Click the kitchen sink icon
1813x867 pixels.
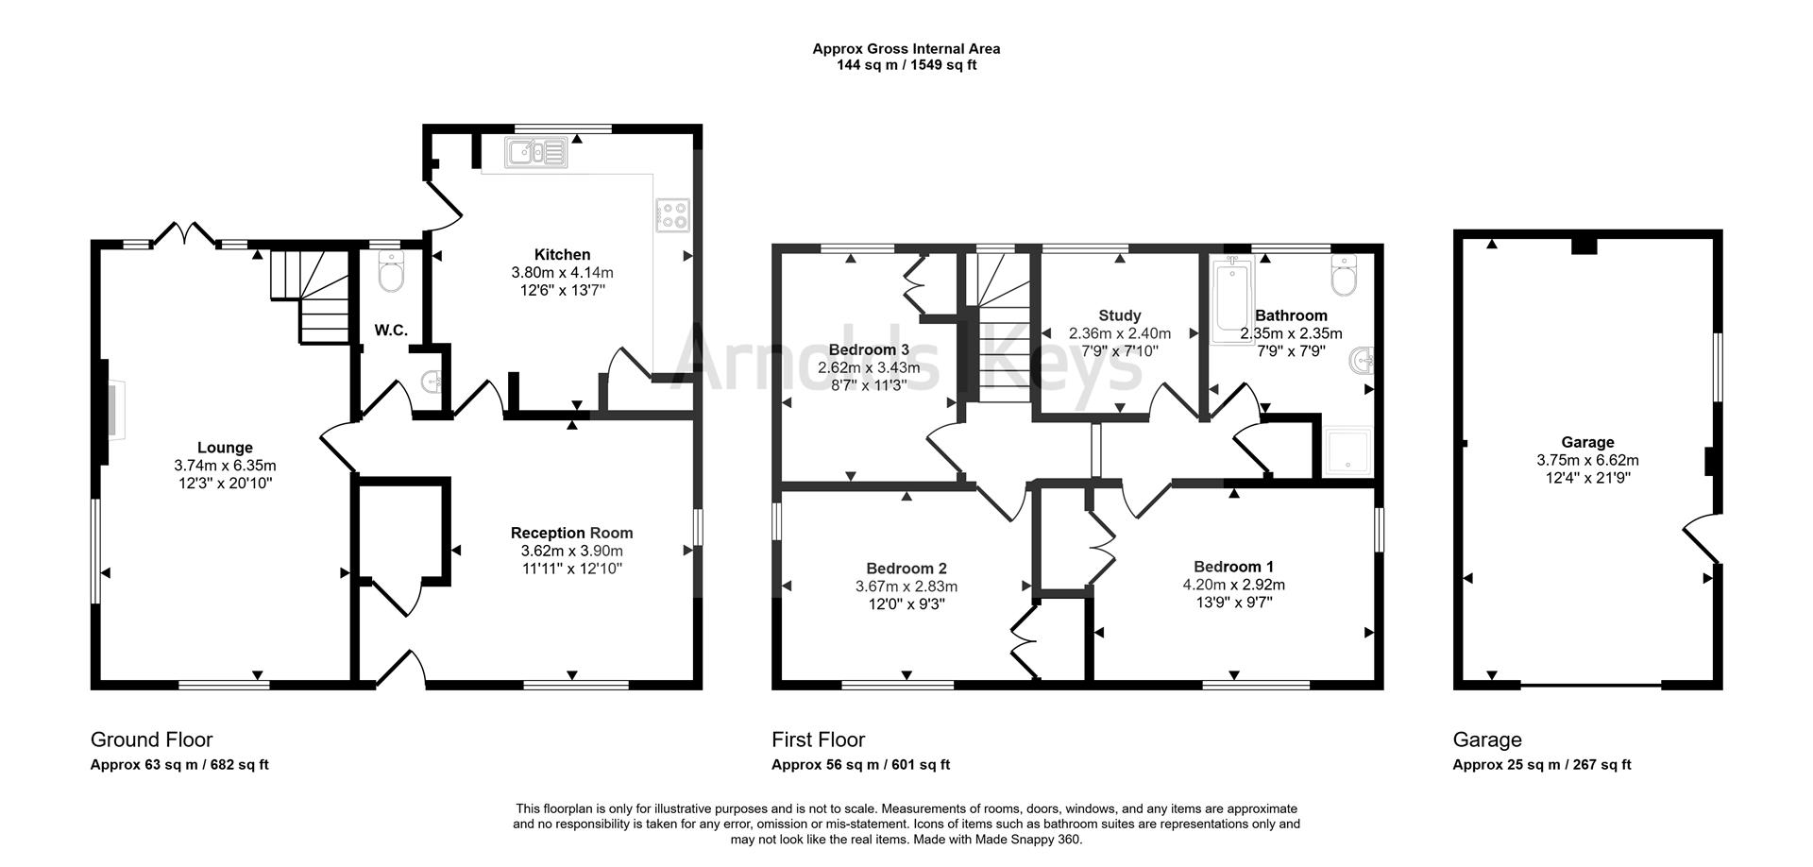(535, 152)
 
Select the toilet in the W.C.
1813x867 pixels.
(389, 271)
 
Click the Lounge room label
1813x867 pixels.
(225, 448)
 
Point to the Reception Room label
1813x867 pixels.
(571, 533)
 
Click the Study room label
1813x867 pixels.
(1119, 315)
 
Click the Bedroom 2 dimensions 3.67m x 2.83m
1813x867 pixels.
(906, 586)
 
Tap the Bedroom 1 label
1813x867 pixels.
(1233, 567)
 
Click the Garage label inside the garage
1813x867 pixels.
(1587, 442)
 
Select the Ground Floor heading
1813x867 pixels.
(151, 739)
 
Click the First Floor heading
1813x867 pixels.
(818, 739)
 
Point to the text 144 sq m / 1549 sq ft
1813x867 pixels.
(906, 65)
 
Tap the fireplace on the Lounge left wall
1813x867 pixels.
(113, 412)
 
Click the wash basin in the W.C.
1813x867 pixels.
(432, 382)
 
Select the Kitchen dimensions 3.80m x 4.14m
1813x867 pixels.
(562, 272)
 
